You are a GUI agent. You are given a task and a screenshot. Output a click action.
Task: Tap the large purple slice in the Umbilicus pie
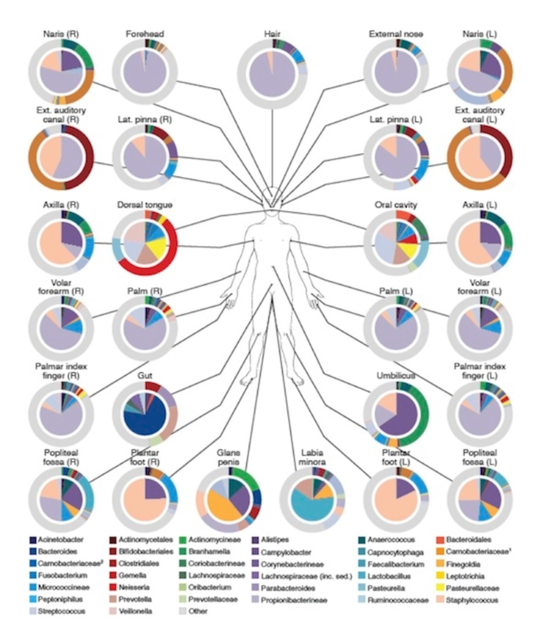pos(403,415)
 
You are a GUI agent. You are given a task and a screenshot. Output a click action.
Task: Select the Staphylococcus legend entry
pos(472,600)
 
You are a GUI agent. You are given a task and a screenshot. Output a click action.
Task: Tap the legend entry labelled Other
pos(198,611)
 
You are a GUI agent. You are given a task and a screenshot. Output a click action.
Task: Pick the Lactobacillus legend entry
pos(389,576)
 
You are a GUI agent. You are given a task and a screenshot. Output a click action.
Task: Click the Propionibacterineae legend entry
pos(294,600)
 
